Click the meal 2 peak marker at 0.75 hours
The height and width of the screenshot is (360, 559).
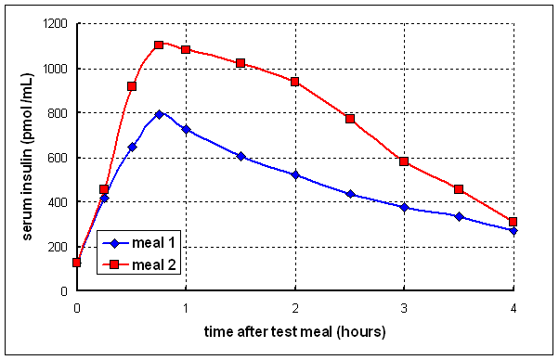(159, 45)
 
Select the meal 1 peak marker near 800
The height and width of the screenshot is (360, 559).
(159, 114)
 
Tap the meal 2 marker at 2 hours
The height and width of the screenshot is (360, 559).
(295, 82)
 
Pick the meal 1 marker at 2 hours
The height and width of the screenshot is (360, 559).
(295, 174)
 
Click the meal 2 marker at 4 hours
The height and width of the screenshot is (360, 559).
(513, 222)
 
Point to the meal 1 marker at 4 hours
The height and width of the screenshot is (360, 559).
(513, 230)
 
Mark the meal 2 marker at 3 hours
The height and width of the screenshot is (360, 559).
(404, 161)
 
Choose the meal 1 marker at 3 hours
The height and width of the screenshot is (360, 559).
(404, 207)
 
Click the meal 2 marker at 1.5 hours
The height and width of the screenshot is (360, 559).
(240, 63)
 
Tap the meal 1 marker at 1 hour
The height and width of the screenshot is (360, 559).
(186, 129)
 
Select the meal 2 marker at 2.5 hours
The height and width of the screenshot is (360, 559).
(350, 119)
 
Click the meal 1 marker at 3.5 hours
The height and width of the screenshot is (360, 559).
(459, 216)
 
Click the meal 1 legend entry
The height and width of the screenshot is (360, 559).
(136, 244)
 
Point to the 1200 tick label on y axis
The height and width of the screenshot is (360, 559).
(54, 24)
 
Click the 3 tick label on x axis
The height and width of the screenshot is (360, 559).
(404, 307)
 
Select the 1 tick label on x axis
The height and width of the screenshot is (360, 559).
(186, 307)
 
